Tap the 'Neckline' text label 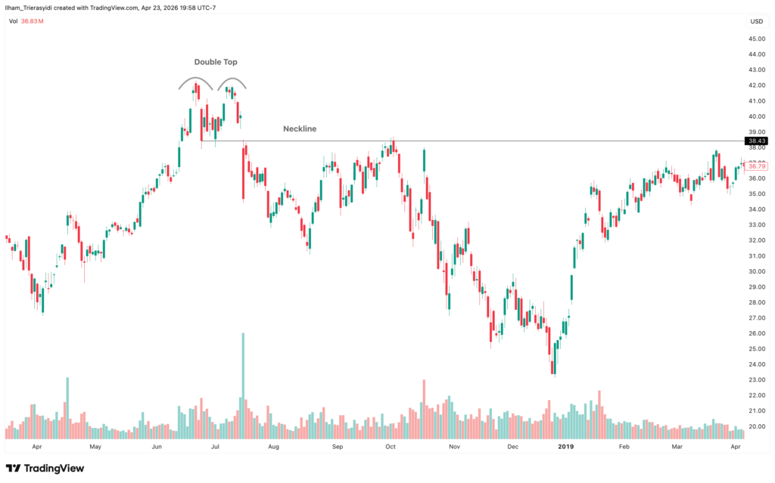click(300, 129)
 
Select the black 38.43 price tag click(755, 141)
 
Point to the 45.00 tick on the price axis click(755, 39)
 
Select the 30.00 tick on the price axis click(755, 271)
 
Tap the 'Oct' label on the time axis click(390, 447)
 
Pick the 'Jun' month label click(157, 447)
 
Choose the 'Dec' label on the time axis click(512, 447)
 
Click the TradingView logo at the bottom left click(45, 468)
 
